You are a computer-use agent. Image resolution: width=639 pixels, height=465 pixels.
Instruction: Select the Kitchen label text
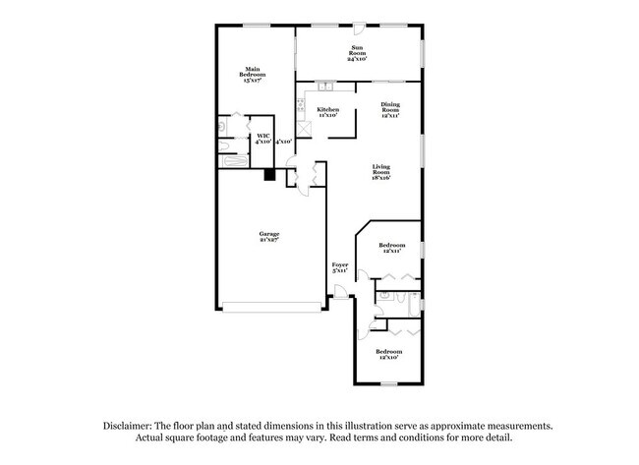328,112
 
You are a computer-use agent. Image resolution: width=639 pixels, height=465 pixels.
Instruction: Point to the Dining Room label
390,109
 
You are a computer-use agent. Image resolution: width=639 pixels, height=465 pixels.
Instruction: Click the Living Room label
381,173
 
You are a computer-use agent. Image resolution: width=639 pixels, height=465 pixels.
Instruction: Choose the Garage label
269,237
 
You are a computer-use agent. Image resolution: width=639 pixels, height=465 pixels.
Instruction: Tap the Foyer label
340,268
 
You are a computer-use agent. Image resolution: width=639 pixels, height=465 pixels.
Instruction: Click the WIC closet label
262,139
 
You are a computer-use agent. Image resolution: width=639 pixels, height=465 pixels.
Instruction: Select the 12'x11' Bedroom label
391,248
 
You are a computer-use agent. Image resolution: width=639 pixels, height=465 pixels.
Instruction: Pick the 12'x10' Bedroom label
388,354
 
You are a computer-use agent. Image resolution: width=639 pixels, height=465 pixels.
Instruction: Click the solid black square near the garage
267,176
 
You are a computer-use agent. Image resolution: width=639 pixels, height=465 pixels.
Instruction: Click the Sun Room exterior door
360,29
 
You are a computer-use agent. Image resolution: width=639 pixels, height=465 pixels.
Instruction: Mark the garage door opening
269,307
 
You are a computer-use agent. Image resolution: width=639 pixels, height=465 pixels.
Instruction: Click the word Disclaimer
132,426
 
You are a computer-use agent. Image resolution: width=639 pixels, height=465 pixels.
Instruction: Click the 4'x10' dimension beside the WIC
284,142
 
